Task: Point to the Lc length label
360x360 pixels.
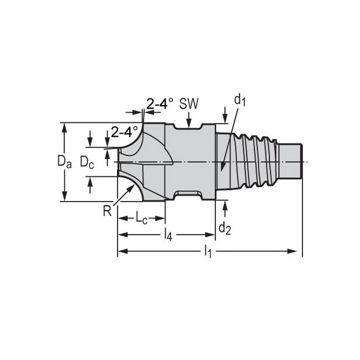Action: pyautogui.click(x=141, y=218)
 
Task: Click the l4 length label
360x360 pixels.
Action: pyautogui.click(x=168, y=235)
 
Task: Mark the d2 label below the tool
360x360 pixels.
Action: pyautogui.click(x=224, y=227)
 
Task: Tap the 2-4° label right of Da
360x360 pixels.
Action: pyautogui.click(x=125, y=130)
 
